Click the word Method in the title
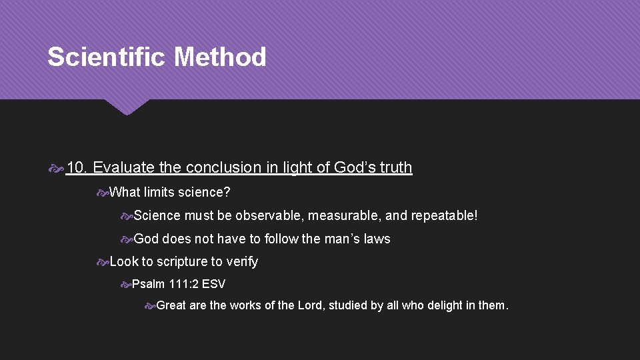(220, 57)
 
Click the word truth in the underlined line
(395, 167)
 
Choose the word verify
(241, 262)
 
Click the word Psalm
(147, 284)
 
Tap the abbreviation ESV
(213, 284)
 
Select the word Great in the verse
(171, 306)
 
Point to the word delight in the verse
(440, 306)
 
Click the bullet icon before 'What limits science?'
(102, 193)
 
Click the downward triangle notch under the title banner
(127, 106)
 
